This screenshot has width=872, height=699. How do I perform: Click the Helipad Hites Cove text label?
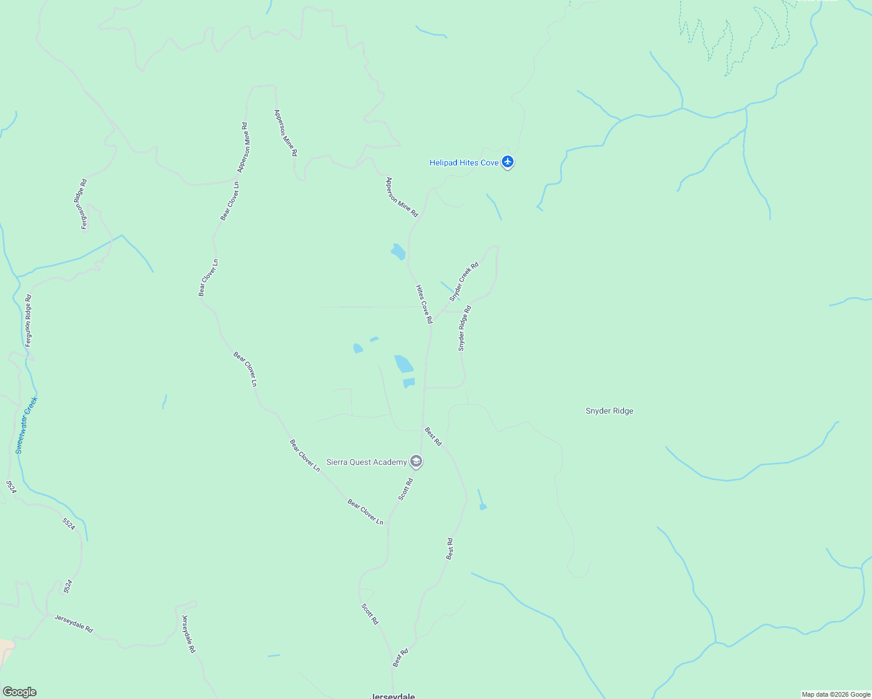(x=464, y=163)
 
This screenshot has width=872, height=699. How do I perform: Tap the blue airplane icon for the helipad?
(x=508, y=162)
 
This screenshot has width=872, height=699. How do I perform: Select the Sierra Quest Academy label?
(x=366, y=463)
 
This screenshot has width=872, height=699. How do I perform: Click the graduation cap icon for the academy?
(x=416, y=462)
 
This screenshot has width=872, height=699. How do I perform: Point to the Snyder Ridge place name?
(x=609, y=411)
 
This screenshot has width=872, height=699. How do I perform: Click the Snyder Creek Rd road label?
(x=464, y=281)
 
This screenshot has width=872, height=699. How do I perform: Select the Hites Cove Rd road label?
(x=424, y=304)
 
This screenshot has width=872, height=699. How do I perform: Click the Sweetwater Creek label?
(x=26, y=425)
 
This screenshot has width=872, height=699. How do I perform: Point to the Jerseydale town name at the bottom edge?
(x=393, y=696)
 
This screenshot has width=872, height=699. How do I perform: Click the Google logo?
(x=19, y=692)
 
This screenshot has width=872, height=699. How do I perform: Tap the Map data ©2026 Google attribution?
(x=836, y=694)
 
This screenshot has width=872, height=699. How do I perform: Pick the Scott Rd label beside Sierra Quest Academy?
(x=406, y=489)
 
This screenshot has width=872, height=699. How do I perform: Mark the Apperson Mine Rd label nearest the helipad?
(x=402, y=197)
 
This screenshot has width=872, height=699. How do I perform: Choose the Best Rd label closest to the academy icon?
(x=433, y=437)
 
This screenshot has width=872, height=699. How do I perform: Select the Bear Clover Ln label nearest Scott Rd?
(x=365, y=512)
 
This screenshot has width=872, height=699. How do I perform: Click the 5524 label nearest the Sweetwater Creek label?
(x=11, y=487)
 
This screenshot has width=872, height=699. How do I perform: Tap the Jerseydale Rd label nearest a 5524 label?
(x=73, y=623)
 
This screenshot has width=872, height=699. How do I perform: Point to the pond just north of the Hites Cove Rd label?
(x=398, y=252)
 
